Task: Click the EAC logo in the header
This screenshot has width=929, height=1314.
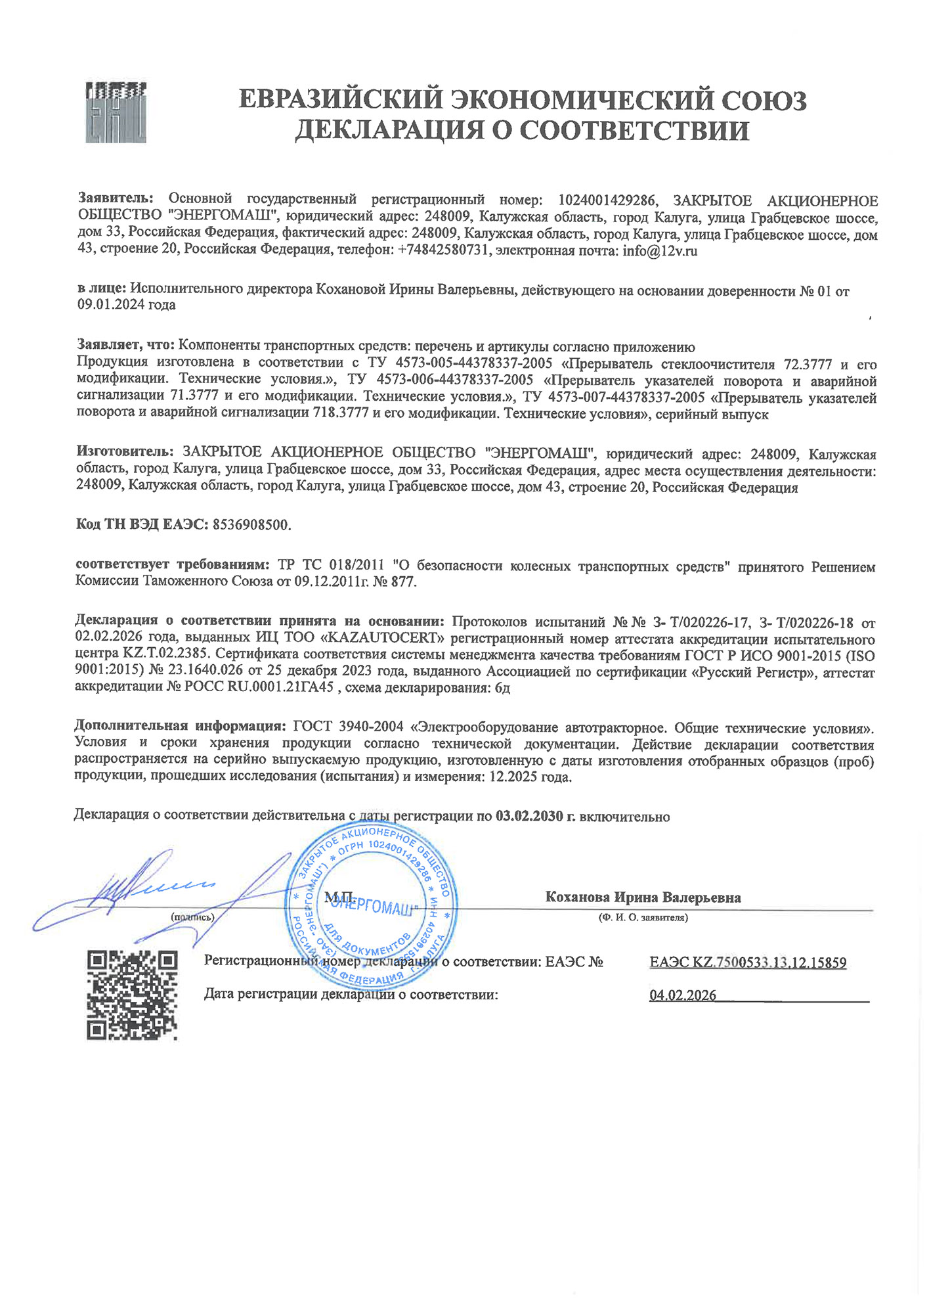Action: (x=116, y=112)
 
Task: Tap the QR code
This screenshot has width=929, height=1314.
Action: (x=133, y=995)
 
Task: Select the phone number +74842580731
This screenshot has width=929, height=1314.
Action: (x=444, y=250)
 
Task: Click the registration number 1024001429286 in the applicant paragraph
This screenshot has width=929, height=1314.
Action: (x=607, y=200)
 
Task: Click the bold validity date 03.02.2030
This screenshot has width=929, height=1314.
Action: (x=529, y=817)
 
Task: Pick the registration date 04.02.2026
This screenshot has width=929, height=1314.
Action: (x=683, y=995)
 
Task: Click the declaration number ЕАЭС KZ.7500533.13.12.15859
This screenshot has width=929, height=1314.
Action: (x=748, y=963)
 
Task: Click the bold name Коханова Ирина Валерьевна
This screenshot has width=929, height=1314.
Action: (x=643, y=897)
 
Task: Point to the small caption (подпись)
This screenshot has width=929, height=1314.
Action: (x=192, y=917)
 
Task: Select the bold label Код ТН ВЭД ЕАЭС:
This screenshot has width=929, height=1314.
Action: (x=142, y=525)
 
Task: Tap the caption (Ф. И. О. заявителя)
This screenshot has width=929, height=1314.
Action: (x=643, y=918)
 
